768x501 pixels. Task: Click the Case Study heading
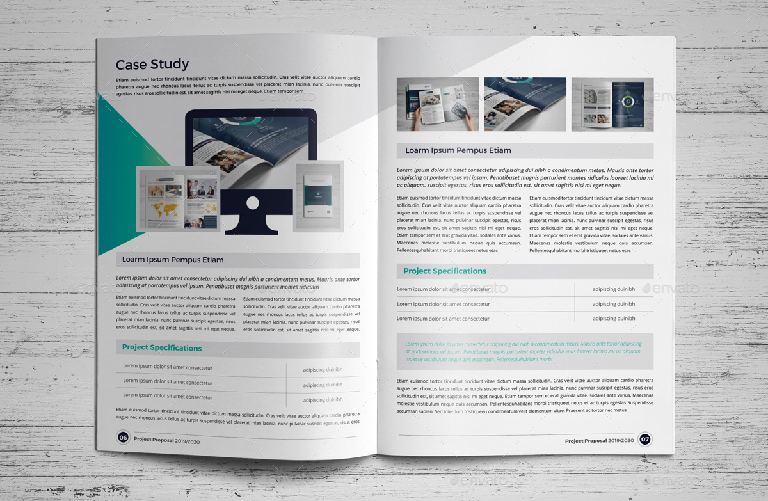tap(152, 64)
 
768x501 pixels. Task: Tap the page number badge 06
tap(123, 438)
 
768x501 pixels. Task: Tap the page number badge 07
tap(645, 440)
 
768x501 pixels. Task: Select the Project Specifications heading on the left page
tap(162, 348)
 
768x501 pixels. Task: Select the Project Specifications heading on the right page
tap(445, 271)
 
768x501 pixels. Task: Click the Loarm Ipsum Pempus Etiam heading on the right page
tap(458, 151)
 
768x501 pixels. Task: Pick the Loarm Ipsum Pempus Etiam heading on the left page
tap(173, 260)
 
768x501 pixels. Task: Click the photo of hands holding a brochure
tap(438, 104)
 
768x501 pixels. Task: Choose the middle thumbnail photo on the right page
tap(525, 104)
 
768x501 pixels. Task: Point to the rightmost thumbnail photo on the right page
tap(612, 104)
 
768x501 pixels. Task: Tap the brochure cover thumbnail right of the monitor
tap(319, 196)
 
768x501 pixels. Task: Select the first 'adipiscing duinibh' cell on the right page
tap(614, 289)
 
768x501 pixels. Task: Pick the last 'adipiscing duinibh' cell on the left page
tap(323, 400)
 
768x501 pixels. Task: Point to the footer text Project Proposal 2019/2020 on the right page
tap(599, 440)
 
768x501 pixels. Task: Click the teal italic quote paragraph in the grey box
tap(524, 351)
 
